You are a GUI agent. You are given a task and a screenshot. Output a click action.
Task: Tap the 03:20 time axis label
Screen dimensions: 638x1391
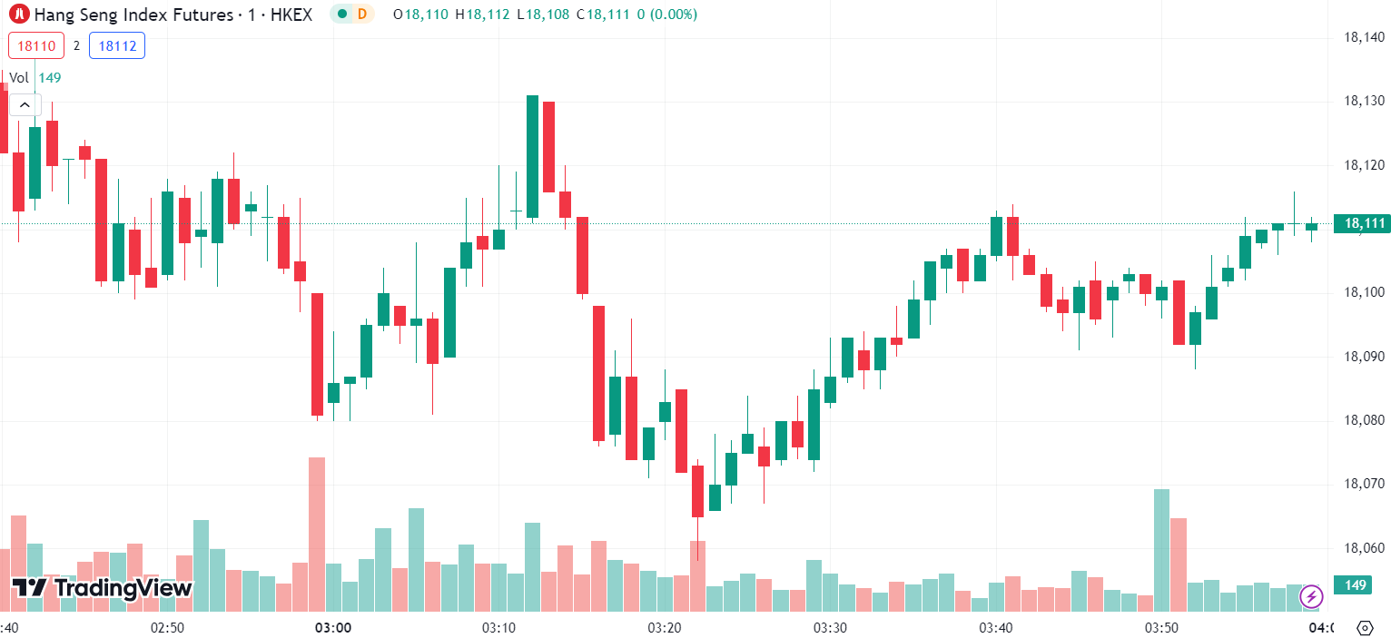point(665,628)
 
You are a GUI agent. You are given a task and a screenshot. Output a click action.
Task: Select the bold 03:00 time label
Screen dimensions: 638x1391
point(333,628)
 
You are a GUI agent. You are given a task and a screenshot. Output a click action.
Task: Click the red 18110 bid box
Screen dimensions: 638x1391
point(36,45)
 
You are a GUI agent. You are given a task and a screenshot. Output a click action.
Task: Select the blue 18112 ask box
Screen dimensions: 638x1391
point(117,45)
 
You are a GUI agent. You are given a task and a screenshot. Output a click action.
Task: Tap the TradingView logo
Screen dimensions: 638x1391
point(102,588)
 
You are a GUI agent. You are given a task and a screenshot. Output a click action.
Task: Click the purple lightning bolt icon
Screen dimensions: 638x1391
point(1311,596)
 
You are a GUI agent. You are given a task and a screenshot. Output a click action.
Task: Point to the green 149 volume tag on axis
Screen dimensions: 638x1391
point(1356,585)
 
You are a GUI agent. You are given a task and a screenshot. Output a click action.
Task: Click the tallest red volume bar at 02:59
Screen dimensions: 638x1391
point(317,534)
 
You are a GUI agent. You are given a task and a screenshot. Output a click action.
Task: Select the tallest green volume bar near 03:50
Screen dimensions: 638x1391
point(1161,549)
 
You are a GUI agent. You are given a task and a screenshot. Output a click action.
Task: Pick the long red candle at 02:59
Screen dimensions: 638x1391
point(317,354)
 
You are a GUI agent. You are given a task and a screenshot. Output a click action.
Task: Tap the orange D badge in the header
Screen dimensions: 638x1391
point(362,14)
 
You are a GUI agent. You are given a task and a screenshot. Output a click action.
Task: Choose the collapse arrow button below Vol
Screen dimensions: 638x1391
point(25,105)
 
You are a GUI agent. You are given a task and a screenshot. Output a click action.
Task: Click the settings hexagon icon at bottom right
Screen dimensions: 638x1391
point(1364,627)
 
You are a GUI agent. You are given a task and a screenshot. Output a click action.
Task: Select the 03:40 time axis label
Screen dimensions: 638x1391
point(996,628)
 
